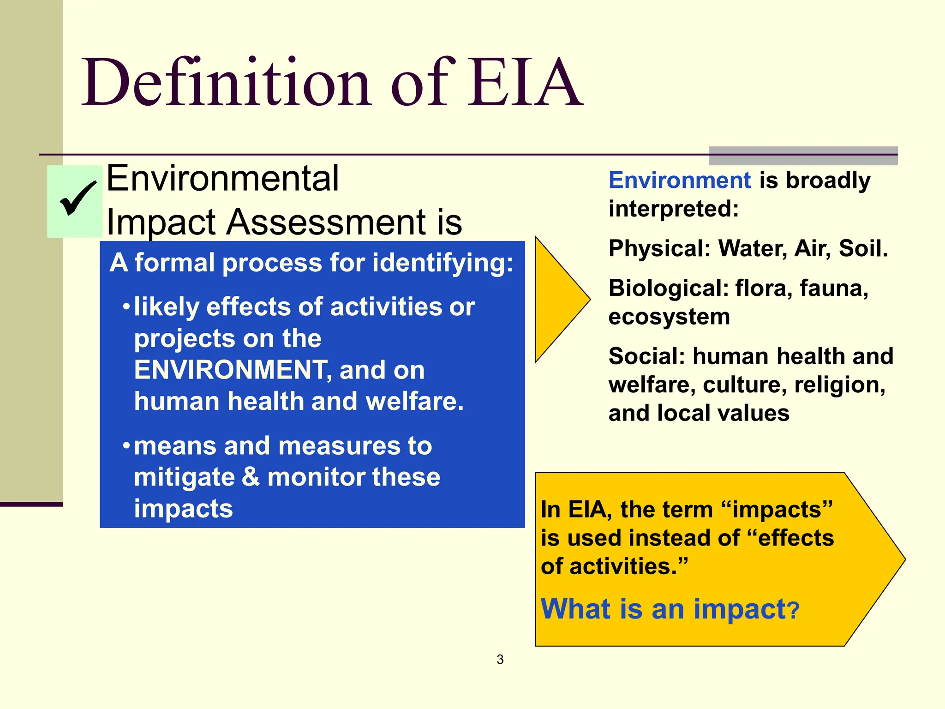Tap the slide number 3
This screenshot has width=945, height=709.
point(500,660)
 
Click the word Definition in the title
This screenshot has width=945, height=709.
point(226,83)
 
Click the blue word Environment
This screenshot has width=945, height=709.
point(680,180)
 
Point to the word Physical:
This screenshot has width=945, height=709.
point(659,248)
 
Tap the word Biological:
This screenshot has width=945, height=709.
point(669,288)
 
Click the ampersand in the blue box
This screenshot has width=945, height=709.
point(251,477)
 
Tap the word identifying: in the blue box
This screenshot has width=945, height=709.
point(443,263)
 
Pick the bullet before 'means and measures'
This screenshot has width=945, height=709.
point(126,446)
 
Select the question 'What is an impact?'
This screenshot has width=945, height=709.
point(670,609)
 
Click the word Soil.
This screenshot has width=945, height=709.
point(863,248)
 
